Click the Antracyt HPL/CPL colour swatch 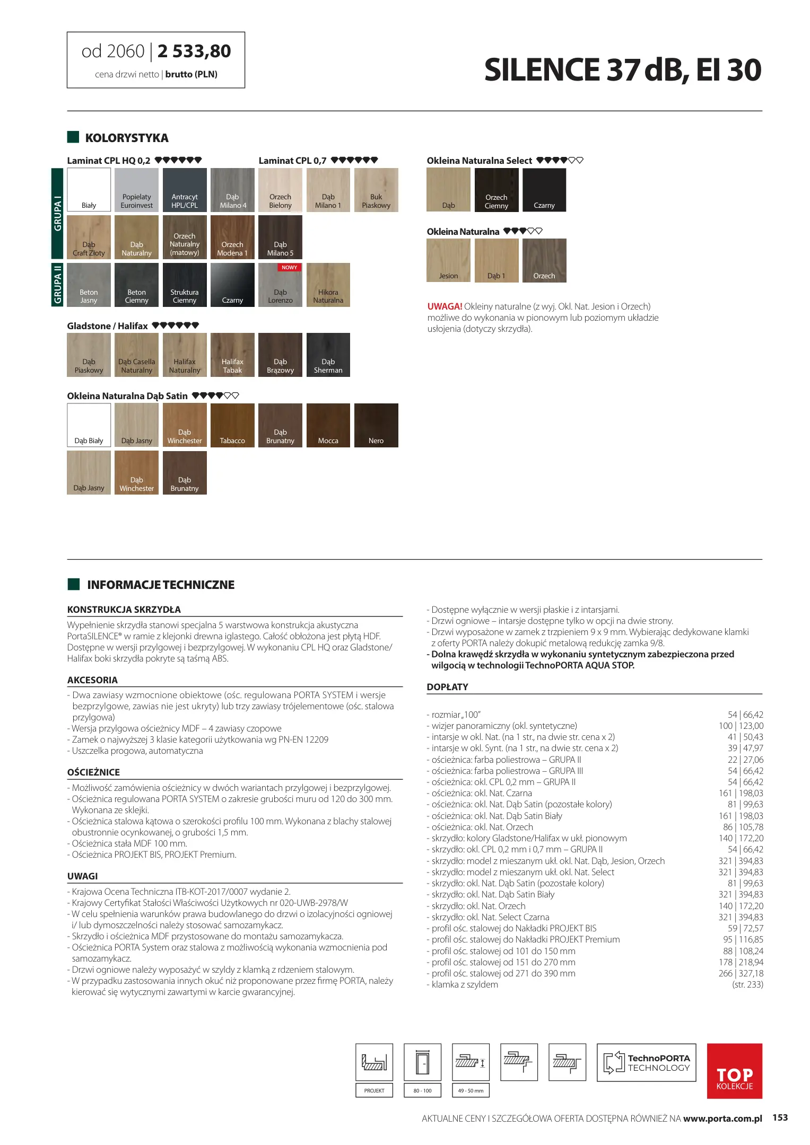[x=185, y=190]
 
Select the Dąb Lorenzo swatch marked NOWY [x=280, y=285]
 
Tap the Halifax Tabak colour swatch [x=232, y=355]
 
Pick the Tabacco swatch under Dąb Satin [x=232, y=425]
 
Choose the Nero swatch [x=376, y=425]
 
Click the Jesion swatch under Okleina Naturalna [x=448, y=260]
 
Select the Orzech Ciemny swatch [x=497, y=190]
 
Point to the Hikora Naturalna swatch [x=328, y=285]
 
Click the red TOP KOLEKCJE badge [x=734, y=1070]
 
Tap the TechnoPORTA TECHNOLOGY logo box [x=646, y=1062]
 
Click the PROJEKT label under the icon [x=374, y=1090]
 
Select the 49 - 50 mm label [x=471, y=1090]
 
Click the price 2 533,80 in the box [x=194, y=51]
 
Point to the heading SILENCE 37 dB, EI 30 [x=623, y=70]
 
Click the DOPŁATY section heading [x=447, y=687]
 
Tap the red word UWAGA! [x=445, y=306]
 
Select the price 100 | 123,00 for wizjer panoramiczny [x=741, y=726]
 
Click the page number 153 [x=780, y=1117]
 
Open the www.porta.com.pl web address [x=722, y=1118]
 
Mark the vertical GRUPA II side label [x=57, y=285]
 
